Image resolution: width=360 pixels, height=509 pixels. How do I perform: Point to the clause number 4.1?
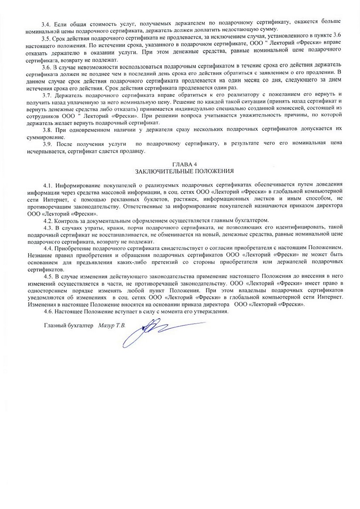point(49,185)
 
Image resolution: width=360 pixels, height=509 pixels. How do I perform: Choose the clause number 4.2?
point(49,220)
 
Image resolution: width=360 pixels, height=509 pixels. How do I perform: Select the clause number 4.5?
point(49,275)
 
